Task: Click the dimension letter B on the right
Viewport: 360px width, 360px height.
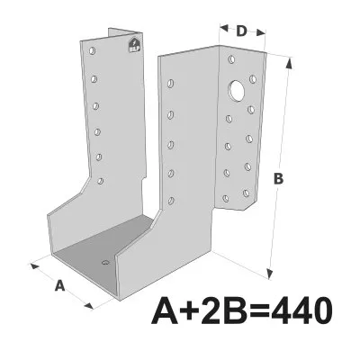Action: (x=279, y=178)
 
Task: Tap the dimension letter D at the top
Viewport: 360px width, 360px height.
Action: (x=241, y=31)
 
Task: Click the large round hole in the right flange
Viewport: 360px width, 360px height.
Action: (x=238, y=90)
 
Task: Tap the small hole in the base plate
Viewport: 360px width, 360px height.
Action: (x=105, y=263)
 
